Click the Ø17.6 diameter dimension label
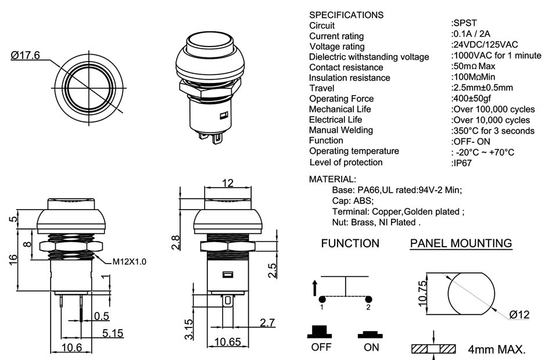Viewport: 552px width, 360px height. coord(25,55)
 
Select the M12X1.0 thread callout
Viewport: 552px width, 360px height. coord(128,261)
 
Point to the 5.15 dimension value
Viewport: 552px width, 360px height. coord(113,333)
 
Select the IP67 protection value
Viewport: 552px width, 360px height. coord(462,163)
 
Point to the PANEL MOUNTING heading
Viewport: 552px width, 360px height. coord(461,243)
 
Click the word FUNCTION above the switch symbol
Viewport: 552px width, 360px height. coord(350,243)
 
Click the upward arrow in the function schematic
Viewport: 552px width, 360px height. coord(315,286)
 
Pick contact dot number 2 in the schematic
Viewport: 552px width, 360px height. coord(368,299)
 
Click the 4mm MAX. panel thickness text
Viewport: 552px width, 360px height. coord(497,350)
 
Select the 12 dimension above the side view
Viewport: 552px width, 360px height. coord(227,183)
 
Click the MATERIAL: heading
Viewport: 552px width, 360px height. coord(332,179)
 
